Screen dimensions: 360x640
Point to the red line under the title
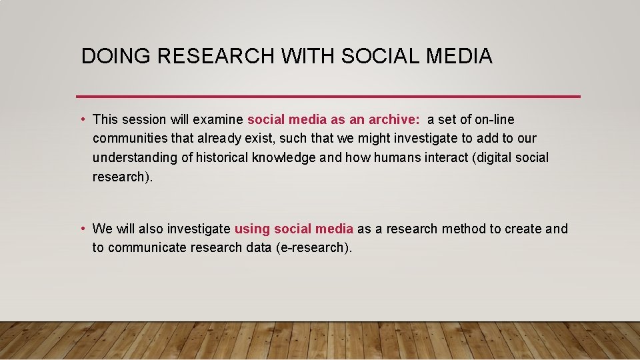tap(328, 97)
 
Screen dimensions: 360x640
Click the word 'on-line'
tap(493, 120)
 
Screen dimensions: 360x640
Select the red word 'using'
tap(252, 229)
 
